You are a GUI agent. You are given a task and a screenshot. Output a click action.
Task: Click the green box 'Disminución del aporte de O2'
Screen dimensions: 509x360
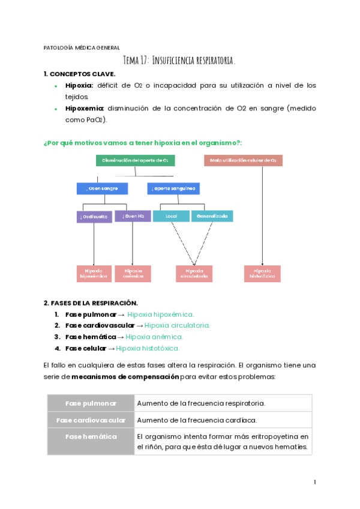point(135,160)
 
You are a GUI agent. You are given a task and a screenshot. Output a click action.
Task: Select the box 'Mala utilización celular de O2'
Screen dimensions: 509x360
point(243,160)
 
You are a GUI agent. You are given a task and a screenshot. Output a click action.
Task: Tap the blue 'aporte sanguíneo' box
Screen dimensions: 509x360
point(173,188)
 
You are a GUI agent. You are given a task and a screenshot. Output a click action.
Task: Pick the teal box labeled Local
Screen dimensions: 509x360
point(171,216)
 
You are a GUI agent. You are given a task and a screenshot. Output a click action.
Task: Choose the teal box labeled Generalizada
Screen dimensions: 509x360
point(212,216)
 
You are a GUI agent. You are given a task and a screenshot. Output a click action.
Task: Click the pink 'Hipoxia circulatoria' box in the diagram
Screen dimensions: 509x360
point(194,274)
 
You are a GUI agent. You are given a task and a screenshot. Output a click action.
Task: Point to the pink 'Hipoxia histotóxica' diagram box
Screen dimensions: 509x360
point(263,274)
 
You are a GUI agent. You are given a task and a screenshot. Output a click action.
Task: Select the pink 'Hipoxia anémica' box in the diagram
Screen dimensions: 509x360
point(133,274)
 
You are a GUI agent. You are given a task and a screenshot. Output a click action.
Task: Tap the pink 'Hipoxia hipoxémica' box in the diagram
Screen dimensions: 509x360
point(94,274)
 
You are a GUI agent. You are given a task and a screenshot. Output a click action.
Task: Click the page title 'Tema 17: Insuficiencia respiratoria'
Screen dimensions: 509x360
point(179,60)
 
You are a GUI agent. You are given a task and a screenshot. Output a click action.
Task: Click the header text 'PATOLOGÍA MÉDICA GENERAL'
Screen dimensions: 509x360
point(82,47)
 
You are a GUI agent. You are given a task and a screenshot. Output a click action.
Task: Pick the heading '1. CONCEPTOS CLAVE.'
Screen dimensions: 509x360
point(75,74)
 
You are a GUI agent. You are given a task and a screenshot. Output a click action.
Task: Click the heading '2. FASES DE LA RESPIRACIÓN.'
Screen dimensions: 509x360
point(91,303)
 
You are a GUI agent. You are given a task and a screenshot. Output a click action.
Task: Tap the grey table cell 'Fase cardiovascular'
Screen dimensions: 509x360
point(91,420)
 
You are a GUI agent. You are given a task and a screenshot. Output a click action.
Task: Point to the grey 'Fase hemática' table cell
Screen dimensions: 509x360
point(91,436)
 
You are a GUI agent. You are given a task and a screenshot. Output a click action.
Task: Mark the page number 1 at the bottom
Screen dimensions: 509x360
point(314,482)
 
